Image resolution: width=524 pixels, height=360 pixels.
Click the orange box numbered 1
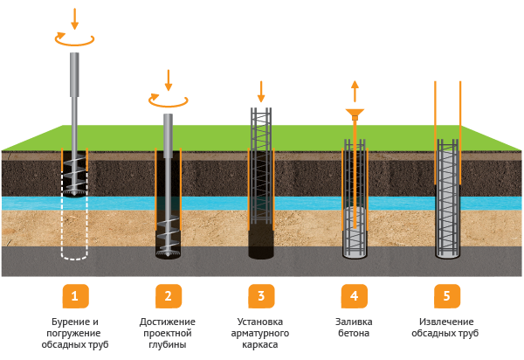pos(74,296)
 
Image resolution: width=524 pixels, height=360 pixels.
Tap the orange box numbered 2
pos(168,296)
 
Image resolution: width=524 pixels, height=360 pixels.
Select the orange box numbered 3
pos(260,296)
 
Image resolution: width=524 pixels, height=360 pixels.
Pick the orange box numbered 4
pos(354,296)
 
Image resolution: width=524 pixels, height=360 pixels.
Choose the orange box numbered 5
pos(447,296)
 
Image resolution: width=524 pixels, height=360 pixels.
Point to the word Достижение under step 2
pos(168,322)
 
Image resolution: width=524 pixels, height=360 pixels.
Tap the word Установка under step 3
pos(260,322)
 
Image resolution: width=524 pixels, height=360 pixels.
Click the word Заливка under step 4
pos(354,322)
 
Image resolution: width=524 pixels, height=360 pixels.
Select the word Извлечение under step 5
pos(447,322)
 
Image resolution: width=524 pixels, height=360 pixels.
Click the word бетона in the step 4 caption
pos(354,334)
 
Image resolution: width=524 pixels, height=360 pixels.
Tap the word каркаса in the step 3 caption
pos(260,345)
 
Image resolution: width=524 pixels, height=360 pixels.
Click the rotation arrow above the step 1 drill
pos(74,38)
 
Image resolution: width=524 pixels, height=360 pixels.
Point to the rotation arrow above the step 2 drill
pos(168,101)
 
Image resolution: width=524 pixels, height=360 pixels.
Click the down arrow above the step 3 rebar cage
pos(260,90)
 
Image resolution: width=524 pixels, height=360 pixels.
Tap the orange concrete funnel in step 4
pos(355,114)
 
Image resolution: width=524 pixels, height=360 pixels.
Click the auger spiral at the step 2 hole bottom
pos(168,240)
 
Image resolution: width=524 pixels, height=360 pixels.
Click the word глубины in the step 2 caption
pos(168,345)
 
